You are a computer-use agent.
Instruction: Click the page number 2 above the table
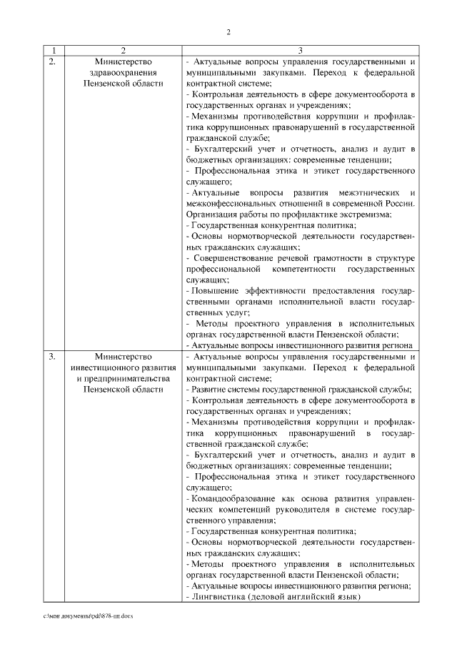coord(228,31)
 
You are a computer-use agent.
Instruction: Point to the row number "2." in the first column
coord(52,62)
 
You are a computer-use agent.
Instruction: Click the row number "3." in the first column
coord(52,356)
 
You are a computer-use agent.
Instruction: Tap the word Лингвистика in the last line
coord(213,596)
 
